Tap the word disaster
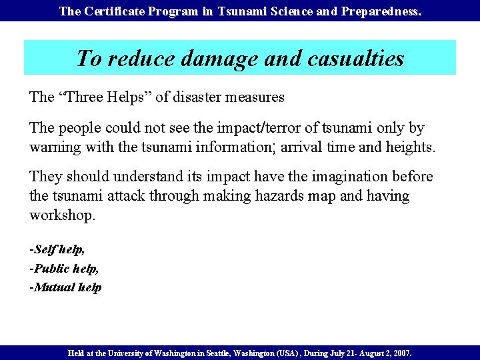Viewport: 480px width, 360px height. [x=198, y=97]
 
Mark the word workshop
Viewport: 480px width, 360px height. [x=62, y=215]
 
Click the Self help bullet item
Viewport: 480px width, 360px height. [x=57, y=249]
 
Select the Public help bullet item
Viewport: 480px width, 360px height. [x=64, y=268]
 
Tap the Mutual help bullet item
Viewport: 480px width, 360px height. [x=65, y=287]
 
